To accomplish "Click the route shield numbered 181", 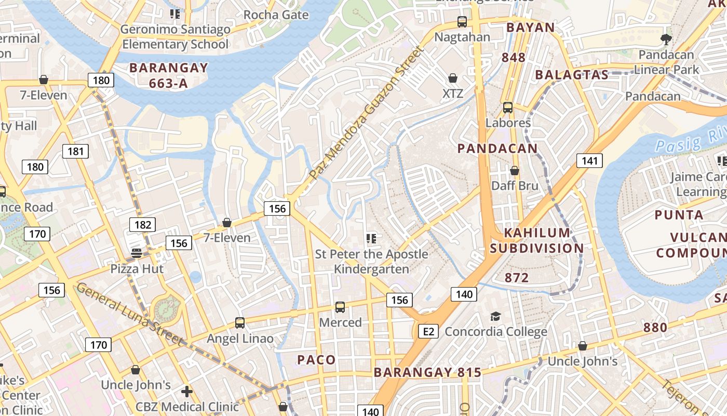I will pyautogui.click(x=75, y=152).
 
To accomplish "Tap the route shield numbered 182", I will pyautogui.click(x=142, y=225).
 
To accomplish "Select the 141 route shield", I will pyautogui.click(x=589, y=161).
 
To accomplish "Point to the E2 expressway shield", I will pyautogui.click(x=428, y=331).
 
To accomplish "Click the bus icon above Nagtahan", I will pyautogui.click(x=462, y=22).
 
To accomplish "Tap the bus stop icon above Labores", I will pyautogui.click(x=507, y=108).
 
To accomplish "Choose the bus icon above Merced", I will pyautogui.click(x=340, y=307).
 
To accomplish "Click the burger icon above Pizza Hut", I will pyautogui.click(x=137, y=253).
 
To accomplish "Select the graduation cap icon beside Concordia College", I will pyautogui.click(x=495, y=317).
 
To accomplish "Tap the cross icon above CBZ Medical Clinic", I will pyautogui.click(x=187, y=391).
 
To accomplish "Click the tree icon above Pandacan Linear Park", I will pyautogui.click(x=665, y=39).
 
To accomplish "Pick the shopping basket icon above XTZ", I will pyautogui.click(x=453, y=79).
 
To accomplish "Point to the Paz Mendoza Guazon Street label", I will pyautogui.click(x=367, y=113).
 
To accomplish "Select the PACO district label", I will pyautogui.click(x=316, y=360).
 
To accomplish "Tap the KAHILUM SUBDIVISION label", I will pyautogui.click(x=537, y=240).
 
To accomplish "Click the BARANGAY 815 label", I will pyautogui.click(x=427, y=372).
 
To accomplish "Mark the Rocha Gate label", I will pyautogui.click(x=276, y=15).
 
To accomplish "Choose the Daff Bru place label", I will pyautogui.click(x=515, y=186).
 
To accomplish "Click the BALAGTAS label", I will pyautogui.click(x=571, y=75).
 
